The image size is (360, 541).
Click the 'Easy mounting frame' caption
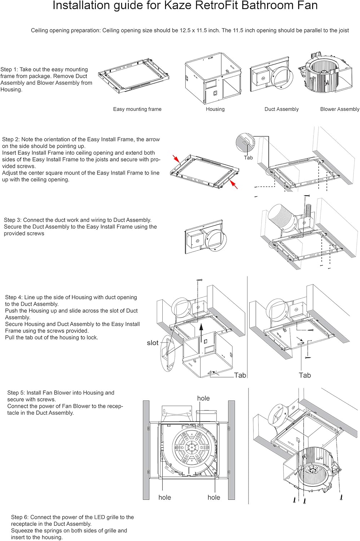point(137,109)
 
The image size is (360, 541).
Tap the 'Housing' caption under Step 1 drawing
point(215,109)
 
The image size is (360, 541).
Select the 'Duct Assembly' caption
point(281,109)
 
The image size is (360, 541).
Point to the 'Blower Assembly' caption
point(339,109)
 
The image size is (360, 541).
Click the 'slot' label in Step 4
point(153,343)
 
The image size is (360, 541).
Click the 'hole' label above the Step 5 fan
point(203,398)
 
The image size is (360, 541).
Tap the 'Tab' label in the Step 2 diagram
point(248,158)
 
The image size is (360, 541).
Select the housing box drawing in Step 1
point(213,78)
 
